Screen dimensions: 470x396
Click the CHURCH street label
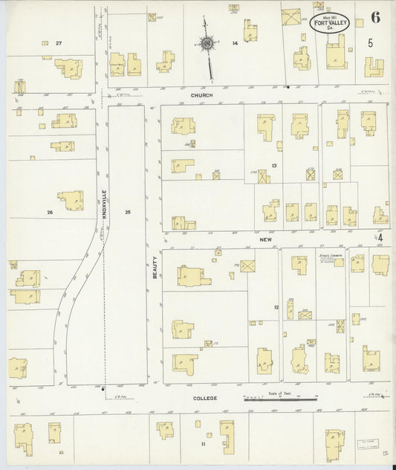tap(201, 95)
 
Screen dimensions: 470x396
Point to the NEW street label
tap(267, 240)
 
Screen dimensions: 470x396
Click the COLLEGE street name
tap(205, 399)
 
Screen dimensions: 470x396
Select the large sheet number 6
tap(375, 18)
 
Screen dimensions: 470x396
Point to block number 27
tap(58, 44)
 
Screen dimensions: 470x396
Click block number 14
tap(235, 43)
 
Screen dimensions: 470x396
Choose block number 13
tap(274, 165)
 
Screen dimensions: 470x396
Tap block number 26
tap(50, 213)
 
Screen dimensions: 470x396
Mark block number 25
tap(128, 213)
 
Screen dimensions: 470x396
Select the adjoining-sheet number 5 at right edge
tap(370, 42)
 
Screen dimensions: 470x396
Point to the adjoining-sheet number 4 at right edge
tap(380, 238)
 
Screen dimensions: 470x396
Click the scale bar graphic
tap(282, 399)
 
